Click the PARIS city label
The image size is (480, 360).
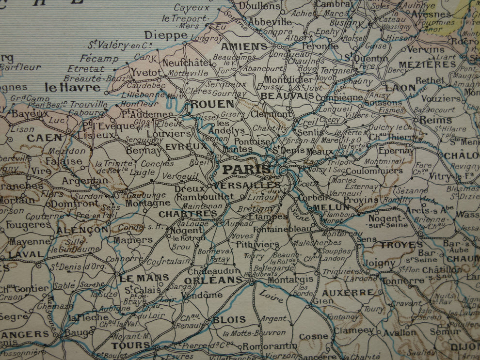tap(247, 170)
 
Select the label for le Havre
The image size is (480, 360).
tap(73, 88)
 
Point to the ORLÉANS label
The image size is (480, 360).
tap(213, 280)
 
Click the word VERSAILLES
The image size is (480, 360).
tap(246, 185)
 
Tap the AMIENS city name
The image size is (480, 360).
tap(244, 47)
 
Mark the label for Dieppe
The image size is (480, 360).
tap(166, 35)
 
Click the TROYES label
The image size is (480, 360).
tap(401, 245)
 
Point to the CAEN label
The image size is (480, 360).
tap(45, 138)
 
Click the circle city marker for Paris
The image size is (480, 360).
tap(283, 171)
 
